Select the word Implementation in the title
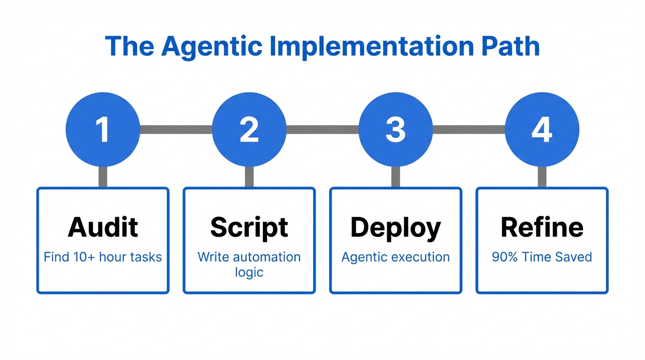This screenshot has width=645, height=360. click(x=370, y=46)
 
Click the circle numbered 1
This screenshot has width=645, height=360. click(x=103, y=129)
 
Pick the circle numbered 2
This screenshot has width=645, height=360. click(x=249, y=129)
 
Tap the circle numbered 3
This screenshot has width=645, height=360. click(x=396, y=129)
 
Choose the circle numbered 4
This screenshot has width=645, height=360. click(x=542, y=129)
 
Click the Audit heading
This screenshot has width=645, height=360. click(x=103, y=227)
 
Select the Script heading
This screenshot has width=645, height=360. click(x=249, y=227)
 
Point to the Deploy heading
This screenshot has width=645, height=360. click(x=396, y=228)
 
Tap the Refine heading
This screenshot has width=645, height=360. click(x=542, y=227)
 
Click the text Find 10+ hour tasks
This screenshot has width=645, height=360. click(x=103, y=257)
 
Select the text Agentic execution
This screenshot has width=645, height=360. click(x=396, y=257)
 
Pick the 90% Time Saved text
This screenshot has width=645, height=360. click(x=542, y=257)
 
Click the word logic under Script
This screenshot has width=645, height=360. click(x=249, y=272)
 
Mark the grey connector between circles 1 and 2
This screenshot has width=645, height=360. click(x=176, y=129)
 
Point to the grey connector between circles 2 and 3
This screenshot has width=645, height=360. click(x=322, y=129)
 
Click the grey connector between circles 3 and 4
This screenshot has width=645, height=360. click(x=469, y=129)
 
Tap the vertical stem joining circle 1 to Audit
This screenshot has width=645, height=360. click(x=103, y=177)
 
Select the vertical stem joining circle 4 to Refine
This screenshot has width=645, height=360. click(x=542, y=177)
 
